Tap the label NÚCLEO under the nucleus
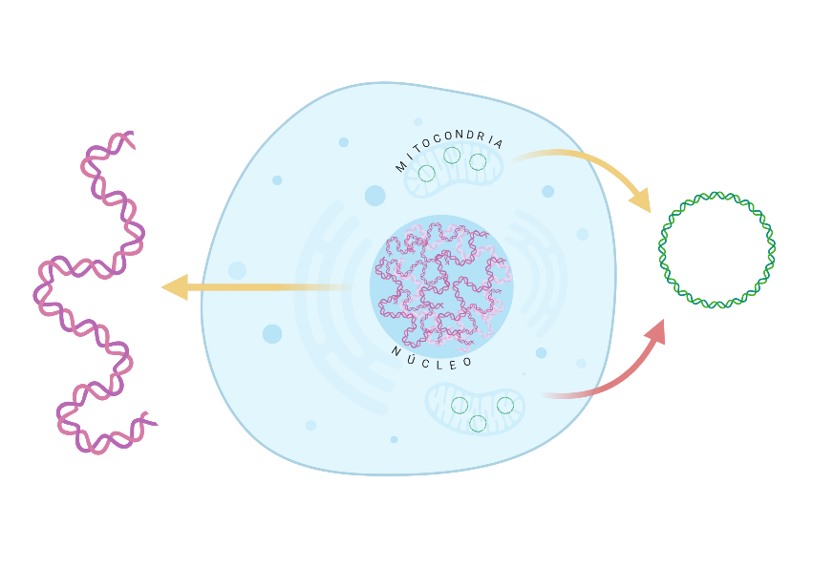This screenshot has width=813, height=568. [x=432, y=357]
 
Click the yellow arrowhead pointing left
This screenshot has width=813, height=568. [x=175, y=287]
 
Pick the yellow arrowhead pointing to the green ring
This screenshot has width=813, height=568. [x=640, y=200]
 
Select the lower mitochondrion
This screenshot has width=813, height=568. [x=475, y=408]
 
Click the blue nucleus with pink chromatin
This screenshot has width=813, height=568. [x=441, y=285]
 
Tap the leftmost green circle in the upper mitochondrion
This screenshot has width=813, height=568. [x=426, y=174]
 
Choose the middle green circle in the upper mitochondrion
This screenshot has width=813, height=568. [x=452, y=155]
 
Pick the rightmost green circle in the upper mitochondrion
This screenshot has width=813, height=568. [x=478, y=162]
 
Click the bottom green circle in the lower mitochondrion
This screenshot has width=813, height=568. [x=478, y=423]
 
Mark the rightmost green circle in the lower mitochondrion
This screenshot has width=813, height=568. [x=505, y=405]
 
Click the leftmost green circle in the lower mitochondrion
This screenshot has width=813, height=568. [x=460, y=405]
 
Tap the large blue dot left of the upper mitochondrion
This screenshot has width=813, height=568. [x=374, y=196]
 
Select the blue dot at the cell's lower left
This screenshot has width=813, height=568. [x=272, y=333]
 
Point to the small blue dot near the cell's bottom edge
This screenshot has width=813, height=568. [x=394, y=439]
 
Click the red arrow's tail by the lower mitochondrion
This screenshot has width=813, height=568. [x=554, y=394]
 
